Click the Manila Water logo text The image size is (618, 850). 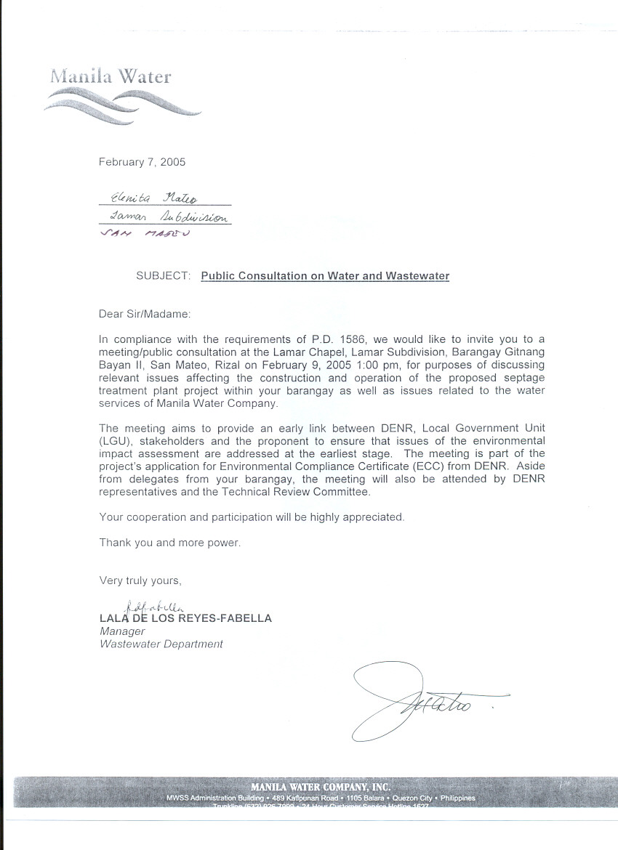(111, 76)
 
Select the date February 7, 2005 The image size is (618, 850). (142, 162)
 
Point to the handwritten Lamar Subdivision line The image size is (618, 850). (167, 217)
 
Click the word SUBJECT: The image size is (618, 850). (164, 276)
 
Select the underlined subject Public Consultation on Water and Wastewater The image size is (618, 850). (325, 276)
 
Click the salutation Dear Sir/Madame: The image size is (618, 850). (144, 314)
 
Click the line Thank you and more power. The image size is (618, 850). (169, 543)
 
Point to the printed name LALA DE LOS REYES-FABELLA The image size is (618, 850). (185, 618)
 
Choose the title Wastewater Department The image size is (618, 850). (161, 644)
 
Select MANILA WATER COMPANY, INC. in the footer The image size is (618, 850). (321, 787)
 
